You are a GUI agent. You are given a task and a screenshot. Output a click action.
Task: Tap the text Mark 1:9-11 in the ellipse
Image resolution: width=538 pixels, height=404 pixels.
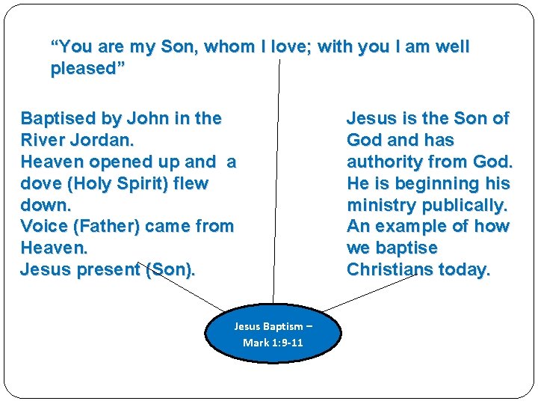(273, 343)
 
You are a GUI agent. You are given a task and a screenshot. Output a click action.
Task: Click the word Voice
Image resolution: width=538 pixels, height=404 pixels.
(44, 226)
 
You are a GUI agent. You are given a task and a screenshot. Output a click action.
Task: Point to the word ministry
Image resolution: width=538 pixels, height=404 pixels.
(380, 205)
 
